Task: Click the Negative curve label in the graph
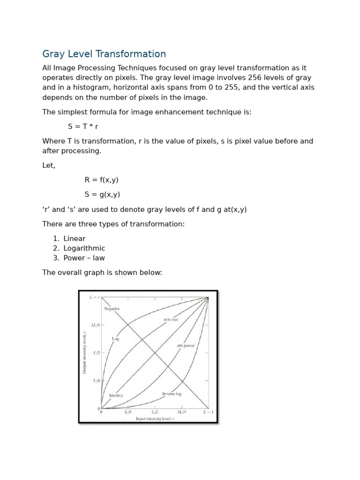[x=112, y=309]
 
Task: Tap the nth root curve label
[x=171, y=320]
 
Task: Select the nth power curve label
[x=186, y=346]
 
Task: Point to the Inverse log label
[x=172, y=394]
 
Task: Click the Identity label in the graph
[x=116, y=396]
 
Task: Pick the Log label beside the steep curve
[x=115, y=338]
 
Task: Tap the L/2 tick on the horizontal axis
[x=155, y=412]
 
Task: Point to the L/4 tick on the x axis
[x=128, y=412]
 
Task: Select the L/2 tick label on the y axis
[x=96, y=352]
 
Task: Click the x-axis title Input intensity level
[x=155, y=419]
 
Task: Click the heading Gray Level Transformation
[x=104, y=54]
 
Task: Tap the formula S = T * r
[x=83, y=127]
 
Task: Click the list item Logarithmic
[x=84, y=248]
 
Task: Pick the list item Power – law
[x=84, y=258]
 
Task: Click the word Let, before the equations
[x=49, y=165]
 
